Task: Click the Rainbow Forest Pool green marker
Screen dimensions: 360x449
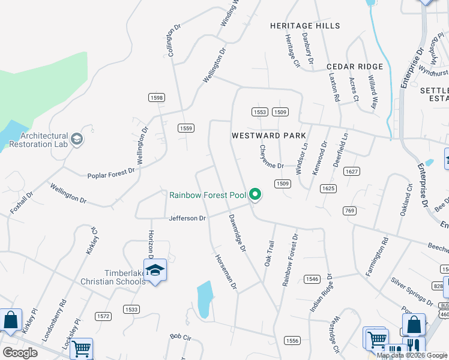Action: click(255, 194)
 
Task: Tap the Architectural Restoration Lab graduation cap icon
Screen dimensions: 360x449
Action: click(77, 140)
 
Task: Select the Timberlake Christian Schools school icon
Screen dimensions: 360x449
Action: click(155, 271)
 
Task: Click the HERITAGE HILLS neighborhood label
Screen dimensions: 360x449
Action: click(305, 26)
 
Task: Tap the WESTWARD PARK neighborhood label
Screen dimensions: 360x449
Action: click(269, 136)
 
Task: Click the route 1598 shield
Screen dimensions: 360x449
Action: click(157, 97)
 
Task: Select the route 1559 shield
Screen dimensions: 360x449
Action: click(186, 128)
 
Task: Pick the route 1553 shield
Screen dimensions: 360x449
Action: click(259, 112)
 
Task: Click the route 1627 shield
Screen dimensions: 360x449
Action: click(352, 172)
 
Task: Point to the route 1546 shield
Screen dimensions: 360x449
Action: click(312, 279)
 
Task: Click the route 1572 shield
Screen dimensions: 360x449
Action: click(103, 316)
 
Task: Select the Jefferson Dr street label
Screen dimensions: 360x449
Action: click(187, 218)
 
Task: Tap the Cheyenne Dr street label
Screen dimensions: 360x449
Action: click(271, 157)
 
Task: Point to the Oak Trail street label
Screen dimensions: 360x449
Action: click(269, 253)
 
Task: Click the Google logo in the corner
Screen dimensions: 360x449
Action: click(20, 353)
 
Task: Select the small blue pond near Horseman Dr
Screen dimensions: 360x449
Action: click(204, 299)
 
